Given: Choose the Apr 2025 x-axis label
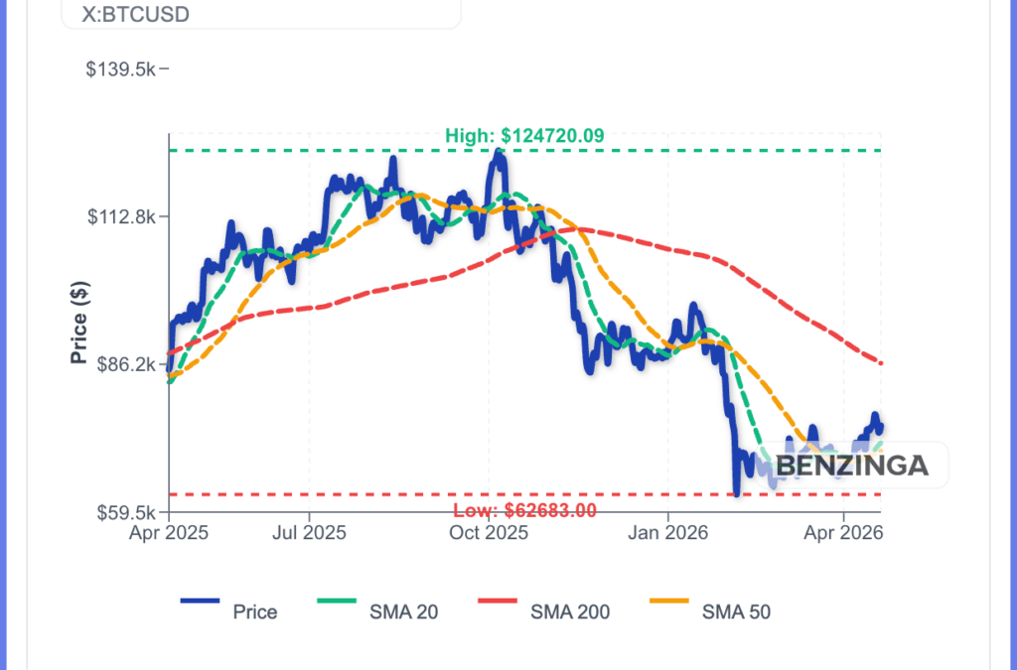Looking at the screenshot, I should (x=168, y=533).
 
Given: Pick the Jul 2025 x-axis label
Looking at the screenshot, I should (x=309, y=533).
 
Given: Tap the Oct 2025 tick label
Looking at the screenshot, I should (x=489, y=533).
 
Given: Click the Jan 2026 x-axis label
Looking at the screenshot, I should (x=668, y=533).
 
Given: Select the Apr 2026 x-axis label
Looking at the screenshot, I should (x=844, y=533).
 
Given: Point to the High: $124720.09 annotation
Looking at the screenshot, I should (x=524, y=136).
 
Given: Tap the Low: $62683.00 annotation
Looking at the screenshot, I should (x=524, y=511).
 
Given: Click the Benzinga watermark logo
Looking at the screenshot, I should (x=851, y=465).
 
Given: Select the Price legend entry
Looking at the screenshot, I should (x=254, y=611).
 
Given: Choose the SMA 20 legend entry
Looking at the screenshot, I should (x=402, y=611).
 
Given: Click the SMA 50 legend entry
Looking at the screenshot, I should (x=735, y=611).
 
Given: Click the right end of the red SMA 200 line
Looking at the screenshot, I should (x=881, y=363).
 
